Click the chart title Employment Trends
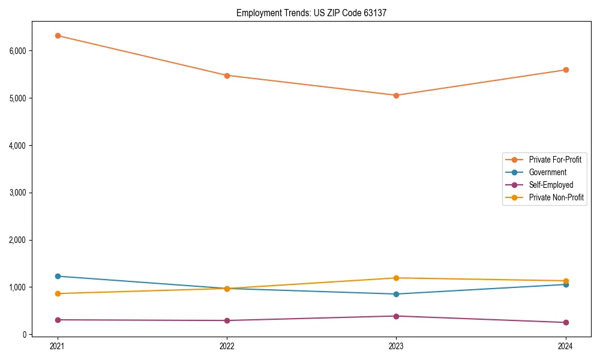(311, 13)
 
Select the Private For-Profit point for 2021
(58, 35)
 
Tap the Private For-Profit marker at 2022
(227, 76)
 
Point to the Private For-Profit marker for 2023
(396, 95)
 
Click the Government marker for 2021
(58, 276)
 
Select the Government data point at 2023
(396, 294)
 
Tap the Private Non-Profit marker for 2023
(396, 278)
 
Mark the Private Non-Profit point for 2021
(58, 293)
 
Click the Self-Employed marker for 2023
(396, 316)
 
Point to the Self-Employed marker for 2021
(58, 320)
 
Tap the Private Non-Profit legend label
(556, 197)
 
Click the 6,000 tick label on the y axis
(17, 51)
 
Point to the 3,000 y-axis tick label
(17, 193)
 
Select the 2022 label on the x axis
(227, 346)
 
